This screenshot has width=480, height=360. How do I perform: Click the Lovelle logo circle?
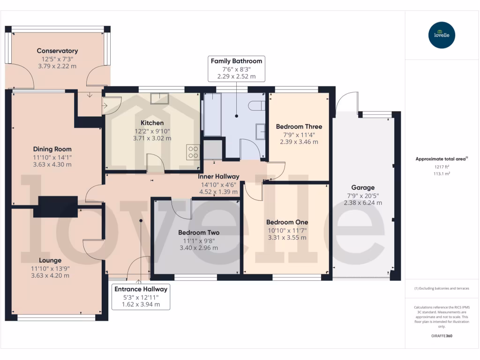[442, 35]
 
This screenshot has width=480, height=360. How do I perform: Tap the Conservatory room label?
[57, 51]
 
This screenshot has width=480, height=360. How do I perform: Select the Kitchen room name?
[152, 123]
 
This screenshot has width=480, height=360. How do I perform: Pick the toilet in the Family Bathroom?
[257, 106]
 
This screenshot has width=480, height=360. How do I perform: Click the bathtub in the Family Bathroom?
[212, 114]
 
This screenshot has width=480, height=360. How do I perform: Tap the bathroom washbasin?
[261, 131]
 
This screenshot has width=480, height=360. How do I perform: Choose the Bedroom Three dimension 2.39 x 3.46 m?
[299, 142]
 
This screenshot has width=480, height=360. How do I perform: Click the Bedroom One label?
[287, 222]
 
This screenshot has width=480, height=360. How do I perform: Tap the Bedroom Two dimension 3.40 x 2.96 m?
[199, 247]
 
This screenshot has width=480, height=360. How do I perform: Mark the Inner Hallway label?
[218, 176]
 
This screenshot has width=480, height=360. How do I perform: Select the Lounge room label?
[50, 260]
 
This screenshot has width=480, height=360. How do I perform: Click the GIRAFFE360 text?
[441, 336]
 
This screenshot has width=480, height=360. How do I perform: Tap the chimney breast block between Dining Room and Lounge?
[58, 206]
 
